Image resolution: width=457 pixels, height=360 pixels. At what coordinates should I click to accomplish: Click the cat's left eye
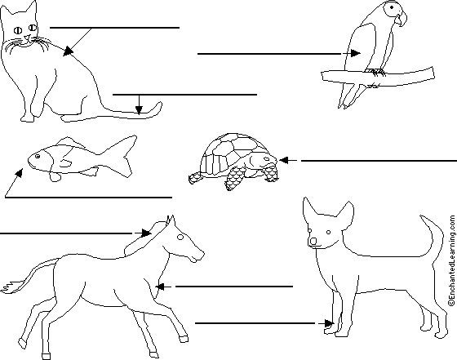coord(18,29)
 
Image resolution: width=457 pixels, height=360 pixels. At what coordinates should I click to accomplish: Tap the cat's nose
coord(27,37)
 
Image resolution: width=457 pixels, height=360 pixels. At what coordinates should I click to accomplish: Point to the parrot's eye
coord(392,7)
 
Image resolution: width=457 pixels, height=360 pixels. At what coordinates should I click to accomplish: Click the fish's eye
coord(38,157)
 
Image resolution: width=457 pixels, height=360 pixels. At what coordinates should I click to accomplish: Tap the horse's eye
coord(180,238)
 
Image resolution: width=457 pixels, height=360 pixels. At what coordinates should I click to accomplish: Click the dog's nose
coord(313,241)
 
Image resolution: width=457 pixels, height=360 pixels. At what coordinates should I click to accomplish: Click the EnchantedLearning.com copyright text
coord(452,260)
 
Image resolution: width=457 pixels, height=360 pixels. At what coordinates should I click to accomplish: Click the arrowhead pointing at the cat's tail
coord(139,109)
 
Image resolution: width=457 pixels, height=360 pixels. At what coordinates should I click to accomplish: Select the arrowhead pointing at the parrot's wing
coord(355,53)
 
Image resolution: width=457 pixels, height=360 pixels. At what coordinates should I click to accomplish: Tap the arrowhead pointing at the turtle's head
coord(284,160)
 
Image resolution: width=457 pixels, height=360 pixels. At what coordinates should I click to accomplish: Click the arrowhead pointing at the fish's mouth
coord(19,172)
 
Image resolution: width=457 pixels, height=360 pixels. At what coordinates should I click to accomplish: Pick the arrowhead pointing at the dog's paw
coord(329,323)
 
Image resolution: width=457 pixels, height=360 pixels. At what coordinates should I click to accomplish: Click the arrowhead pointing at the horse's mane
coord(147,233)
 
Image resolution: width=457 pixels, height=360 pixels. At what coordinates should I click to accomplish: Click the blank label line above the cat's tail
coord(184,95)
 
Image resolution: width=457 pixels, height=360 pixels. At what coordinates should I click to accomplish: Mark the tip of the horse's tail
coord(2,290)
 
